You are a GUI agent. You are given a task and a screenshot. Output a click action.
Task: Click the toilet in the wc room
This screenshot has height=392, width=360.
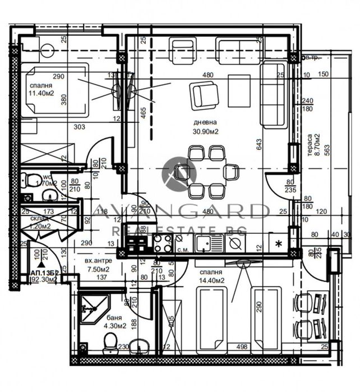30,181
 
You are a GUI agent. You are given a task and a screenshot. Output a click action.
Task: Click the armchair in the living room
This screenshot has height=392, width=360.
204,95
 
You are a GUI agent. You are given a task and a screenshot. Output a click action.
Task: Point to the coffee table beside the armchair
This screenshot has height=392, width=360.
239,90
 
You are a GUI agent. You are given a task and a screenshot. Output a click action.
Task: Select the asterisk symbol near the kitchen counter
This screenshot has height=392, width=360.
279,243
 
